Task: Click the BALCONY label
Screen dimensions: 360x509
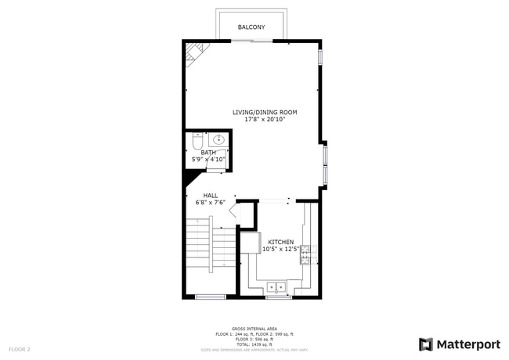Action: (251, 27)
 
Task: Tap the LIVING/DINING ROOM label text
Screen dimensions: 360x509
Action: (265, 112)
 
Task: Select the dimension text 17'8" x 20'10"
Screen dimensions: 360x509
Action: (265, 120)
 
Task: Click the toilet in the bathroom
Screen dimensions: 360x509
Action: (197, 142)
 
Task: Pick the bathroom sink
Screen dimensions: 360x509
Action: (218, 141)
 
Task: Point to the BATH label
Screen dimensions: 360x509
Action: (208, 153)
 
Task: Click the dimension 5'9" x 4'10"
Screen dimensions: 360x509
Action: (208, 160)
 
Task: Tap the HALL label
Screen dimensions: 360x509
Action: (211, 195)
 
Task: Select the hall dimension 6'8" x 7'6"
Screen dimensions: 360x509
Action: (211, 203)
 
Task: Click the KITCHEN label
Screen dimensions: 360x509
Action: (281, 242)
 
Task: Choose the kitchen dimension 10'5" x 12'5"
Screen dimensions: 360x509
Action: (281, 250)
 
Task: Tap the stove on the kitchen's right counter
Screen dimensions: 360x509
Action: (307, 252)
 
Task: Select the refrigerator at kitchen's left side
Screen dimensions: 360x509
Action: (251, 243)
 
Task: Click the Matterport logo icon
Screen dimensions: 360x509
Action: (426, 344)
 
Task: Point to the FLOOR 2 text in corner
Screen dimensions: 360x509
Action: (20, 348)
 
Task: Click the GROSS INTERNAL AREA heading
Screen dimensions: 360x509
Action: (254, 328)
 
